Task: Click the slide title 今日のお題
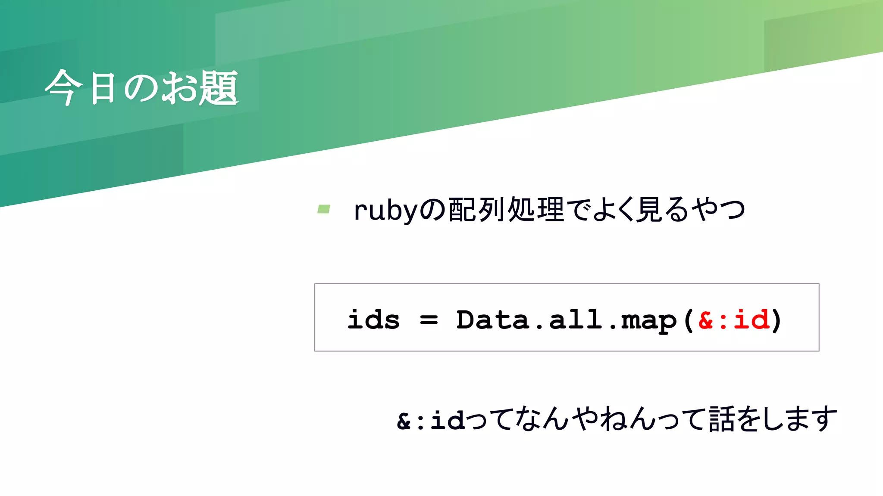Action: (x=141, y=88)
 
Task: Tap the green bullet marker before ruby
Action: (x=323, y=209)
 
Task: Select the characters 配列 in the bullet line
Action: (x=476, y=210)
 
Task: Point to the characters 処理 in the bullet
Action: (x=536, y=210)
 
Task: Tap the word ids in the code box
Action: (x=373, y=320)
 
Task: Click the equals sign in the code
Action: (x=429, y=320)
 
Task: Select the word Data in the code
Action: (x=492, y=320)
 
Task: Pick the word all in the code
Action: (x=575, y=320)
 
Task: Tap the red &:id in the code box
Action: (x=733, y=320)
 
